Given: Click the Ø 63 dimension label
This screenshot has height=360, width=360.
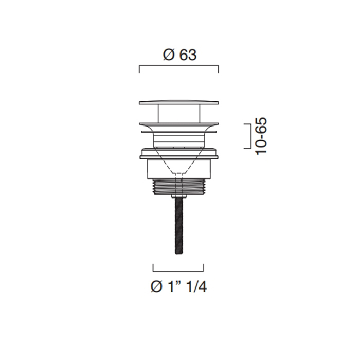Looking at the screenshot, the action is [180, 55].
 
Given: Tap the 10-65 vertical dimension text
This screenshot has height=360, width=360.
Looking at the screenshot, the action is [261, 136].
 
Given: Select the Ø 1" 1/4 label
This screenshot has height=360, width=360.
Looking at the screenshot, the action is [178, 286].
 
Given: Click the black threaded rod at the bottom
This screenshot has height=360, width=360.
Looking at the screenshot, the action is [179, 225].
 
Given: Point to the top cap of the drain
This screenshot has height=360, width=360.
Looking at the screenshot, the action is [179, 102].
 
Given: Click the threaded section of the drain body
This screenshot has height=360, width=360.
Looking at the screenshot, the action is [178, 186].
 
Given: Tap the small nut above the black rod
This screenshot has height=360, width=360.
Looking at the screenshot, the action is [179, 196].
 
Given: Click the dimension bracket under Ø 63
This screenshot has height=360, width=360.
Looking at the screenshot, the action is [179, 66].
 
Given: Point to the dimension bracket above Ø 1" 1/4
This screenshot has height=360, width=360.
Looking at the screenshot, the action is [178, 271].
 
